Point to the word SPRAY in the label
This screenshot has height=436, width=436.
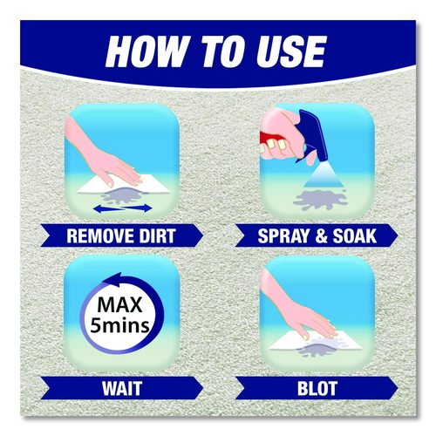284,235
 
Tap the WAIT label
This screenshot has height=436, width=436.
122,388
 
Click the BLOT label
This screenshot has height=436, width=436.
317,388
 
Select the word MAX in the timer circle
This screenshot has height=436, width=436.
119,304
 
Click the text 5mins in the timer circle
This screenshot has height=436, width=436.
119,325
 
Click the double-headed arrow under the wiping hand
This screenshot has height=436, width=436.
124,208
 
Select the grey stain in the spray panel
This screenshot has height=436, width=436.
319,200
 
